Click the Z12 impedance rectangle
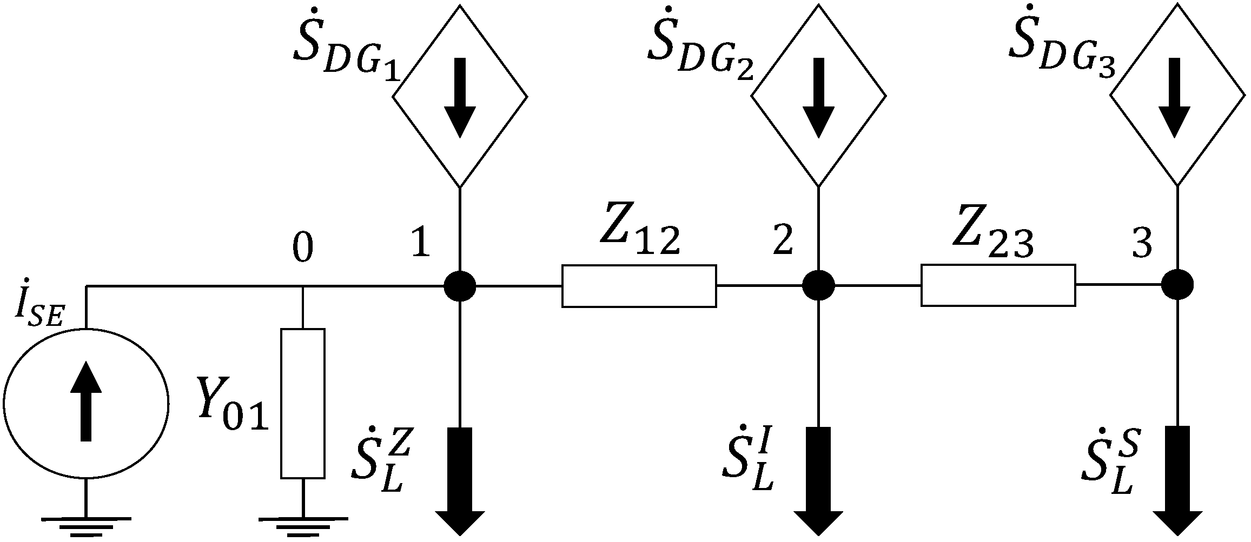pos(639,286)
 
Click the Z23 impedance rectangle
pos(998,285)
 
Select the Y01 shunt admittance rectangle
pos(303,403)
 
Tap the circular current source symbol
pos(85,403)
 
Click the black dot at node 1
pos(460,285)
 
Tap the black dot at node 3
pos(1177,284)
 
